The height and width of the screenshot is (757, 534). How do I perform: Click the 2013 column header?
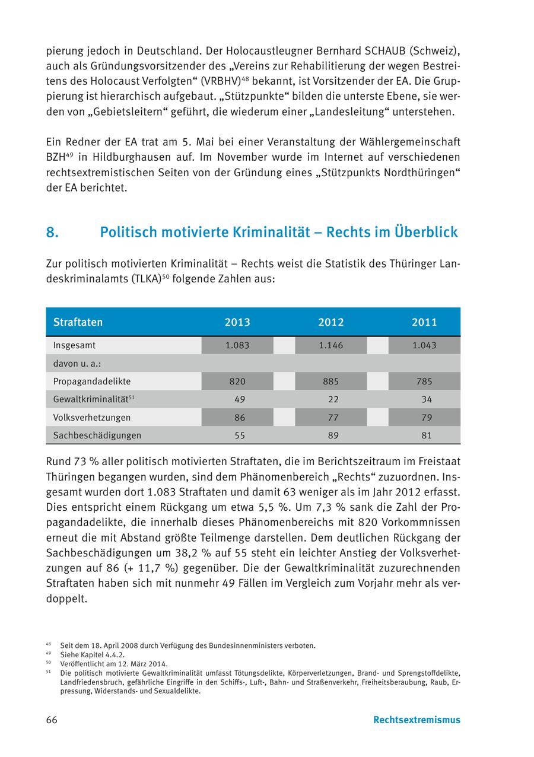[x=237, y=322]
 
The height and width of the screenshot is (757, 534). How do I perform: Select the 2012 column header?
[x=331, y=322]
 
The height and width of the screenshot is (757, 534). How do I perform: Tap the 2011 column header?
[x=424, y=322]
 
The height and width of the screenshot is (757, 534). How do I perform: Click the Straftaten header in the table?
[x=78, y=322]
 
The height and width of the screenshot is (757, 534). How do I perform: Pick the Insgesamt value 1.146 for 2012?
[x=331, y=345]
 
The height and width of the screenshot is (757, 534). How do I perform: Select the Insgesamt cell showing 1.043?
[x=424, y=345]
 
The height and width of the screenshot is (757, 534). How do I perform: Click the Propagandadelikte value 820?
[x=237, y=381]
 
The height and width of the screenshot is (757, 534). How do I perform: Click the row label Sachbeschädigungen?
[x=97, y=435]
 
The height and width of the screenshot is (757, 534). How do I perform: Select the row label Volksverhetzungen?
[x=92, y=417]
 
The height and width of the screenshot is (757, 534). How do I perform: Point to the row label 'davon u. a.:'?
[x=77, y=363]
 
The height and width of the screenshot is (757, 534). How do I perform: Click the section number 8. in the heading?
[x=52, y=232]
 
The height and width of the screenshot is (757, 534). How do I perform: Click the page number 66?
[x=52, y=720]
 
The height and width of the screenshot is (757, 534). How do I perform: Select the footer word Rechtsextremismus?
[x=417, y=720]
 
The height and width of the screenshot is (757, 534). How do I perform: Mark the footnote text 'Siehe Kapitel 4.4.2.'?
[x=92, y=655]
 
